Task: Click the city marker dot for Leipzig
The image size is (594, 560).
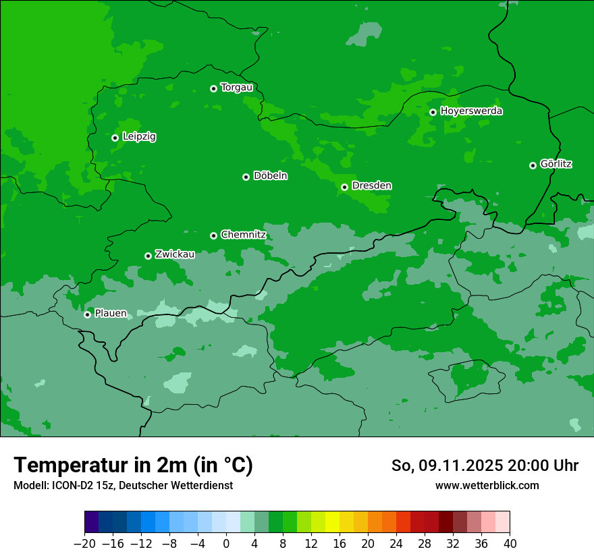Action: (x=115, y=138)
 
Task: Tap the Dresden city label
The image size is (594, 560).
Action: (x=371, y=186)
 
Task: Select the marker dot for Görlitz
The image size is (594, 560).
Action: (x=533, y=165)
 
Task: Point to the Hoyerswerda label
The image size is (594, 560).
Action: (x=471, y=111)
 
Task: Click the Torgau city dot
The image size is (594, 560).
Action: (x=213, y=88)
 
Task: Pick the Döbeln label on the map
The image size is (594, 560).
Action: (x=270, y=176)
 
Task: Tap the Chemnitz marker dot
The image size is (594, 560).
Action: (x=213, y=235)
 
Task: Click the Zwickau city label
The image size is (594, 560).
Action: (x=175, y=254)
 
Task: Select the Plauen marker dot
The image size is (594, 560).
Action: (x=87, y=314)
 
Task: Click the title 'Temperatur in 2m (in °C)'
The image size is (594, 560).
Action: (x=133, y=465)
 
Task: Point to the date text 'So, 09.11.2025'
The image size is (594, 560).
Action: (x=447, y=466)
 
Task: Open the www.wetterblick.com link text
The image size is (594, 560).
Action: (x=487, y=485)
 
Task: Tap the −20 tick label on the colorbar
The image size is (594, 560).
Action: (x=84, y=543)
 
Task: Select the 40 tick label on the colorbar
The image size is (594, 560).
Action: (x=510, y=543)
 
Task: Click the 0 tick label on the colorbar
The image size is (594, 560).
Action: (x=226, y=543)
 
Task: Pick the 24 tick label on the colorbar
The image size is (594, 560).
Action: (x=396, y=543)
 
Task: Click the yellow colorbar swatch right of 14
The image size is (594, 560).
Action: (x=332, y=522)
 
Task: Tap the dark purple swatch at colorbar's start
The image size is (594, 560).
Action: (x=92, y=522)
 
